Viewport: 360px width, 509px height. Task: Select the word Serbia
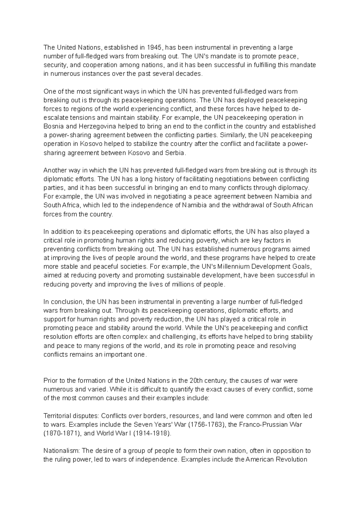pyautogui.click(x=175, y=153)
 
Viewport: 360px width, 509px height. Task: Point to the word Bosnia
pyautogui.click(x=52, y=126)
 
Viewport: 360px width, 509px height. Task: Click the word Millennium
pyautogui.click(x=229, y=266)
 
